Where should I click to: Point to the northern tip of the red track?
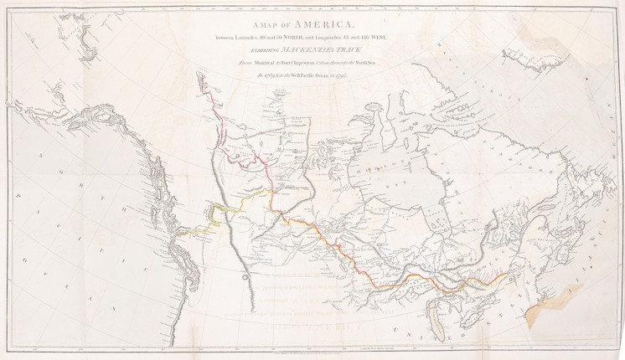pos(199,74)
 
